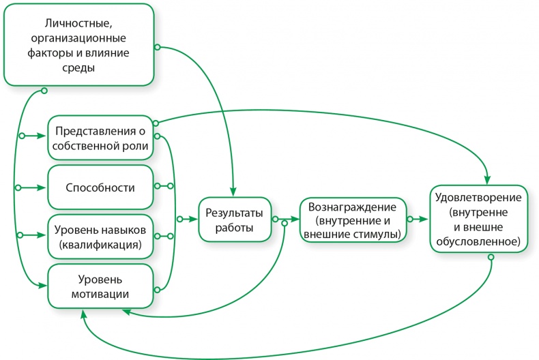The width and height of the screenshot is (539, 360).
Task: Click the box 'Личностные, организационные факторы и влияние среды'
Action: [78, 44]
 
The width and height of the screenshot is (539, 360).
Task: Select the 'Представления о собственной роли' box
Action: [100, 138]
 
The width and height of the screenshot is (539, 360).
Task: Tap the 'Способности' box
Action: [100, 186]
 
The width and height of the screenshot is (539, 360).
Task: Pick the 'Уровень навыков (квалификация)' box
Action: [100, 235]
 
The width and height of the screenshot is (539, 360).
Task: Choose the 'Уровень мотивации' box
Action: [100, 287]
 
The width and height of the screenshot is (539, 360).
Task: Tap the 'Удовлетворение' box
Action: [479, 219]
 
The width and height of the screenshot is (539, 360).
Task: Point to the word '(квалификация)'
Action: [100, 243]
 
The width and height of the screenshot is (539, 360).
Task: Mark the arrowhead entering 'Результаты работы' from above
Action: [233, 192]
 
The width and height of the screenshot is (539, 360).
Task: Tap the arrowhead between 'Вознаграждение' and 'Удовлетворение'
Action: [425, 220]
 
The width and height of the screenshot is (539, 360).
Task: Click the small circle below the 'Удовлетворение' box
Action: [491, 257]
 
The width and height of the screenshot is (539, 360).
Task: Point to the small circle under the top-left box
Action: [44, 90]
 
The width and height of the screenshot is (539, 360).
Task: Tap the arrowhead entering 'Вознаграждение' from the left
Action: [296, 220]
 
